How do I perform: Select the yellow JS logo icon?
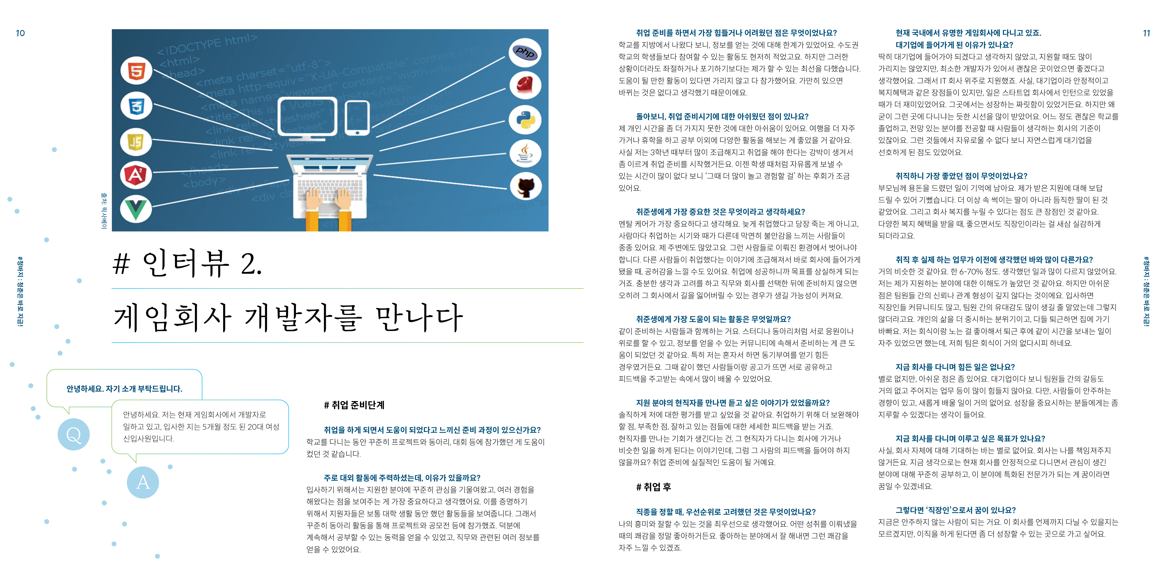pos(136,142)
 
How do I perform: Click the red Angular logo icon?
pos(136,175)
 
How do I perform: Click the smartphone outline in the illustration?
pos(357,118)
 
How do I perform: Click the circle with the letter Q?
pos(73,434)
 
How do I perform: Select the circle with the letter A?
pos(143,482)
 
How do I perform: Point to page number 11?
pos(1146,33)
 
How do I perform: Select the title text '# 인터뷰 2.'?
pos(187,263)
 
